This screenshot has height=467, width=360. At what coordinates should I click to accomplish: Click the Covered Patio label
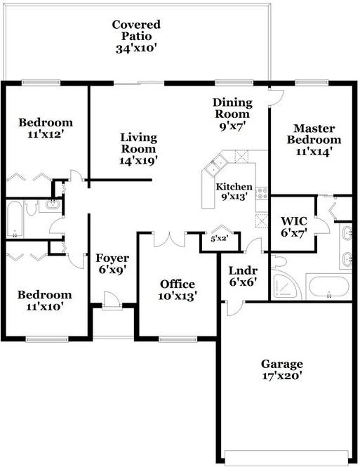click(x=136, y=37)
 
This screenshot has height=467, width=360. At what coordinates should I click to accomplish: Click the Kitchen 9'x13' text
click(x=234, y=192)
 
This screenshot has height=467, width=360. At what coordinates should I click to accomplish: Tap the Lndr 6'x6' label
click(x=243, y=277)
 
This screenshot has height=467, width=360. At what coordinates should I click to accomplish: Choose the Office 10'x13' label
click(x=178, y=289)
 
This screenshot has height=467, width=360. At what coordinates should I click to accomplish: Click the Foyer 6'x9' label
click(x=112, y=263)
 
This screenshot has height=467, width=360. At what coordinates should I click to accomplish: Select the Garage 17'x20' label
click(x=282, y=369)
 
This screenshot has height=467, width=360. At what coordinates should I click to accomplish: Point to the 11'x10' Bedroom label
click(x=44, y=300)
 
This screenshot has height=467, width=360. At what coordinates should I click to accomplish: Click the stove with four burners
click(x=261, y=192)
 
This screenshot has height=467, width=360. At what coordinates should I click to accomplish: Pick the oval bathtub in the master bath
click(x=328, y=289)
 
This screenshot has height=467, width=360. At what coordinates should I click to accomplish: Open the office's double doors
click(x=168, y=239)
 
